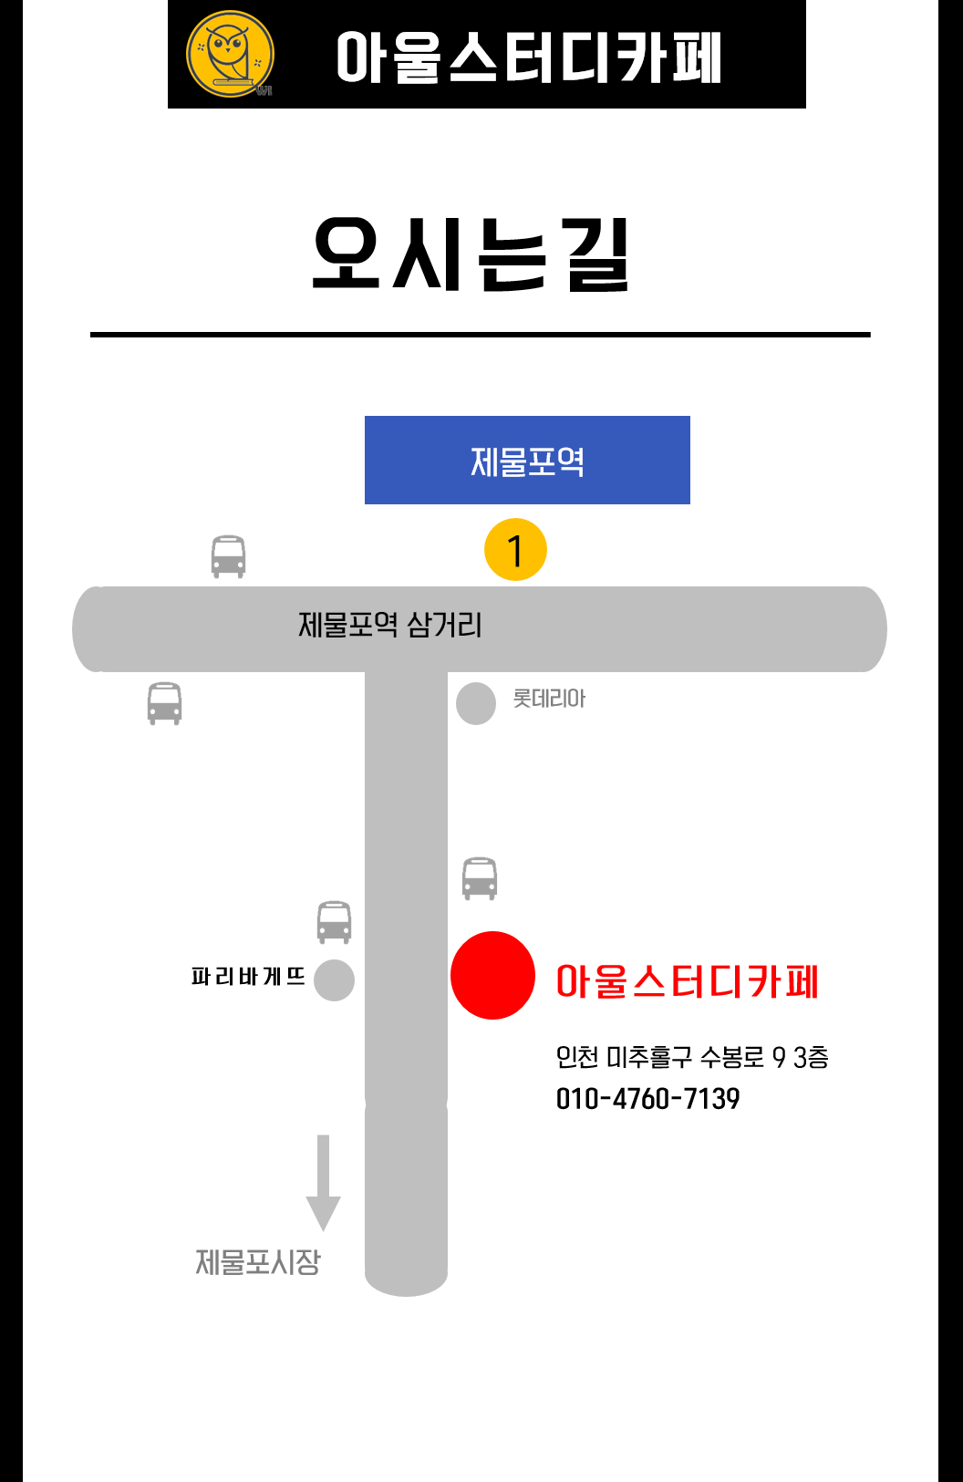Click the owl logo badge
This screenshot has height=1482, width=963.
(230, 54)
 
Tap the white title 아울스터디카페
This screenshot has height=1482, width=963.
(528, 57)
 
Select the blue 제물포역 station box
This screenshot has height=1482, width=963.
(527, 460)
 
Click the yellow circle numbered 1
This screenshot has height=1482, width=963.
(515, 550)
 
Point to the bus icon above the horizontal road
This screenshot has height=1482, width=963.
(228, 556)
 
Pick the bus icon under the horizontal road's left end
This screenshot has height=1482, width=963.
(164, 703)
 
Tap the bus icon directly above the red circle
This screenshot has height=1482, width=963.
(480, 878)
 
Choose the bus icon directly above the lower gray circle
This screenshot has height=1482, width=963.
(334, 922)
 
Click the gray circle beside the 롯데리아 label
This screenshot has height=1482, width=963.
(475, 703)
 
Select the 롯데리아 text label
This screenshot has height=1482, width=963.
(549, 699)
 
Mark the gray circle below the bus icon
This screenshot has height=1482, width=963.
(334, 980)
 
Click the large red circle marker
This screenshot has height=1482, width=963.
(492, 975)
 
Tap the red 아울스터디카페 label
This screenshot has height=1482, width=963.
(687, 981)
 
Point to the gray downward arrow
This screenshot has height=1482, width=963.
(323, 1183)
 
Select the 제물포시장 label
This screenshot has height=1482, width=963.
(258, 1262)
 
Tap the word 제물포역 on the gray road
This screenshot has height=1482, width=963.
(347, 625)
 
